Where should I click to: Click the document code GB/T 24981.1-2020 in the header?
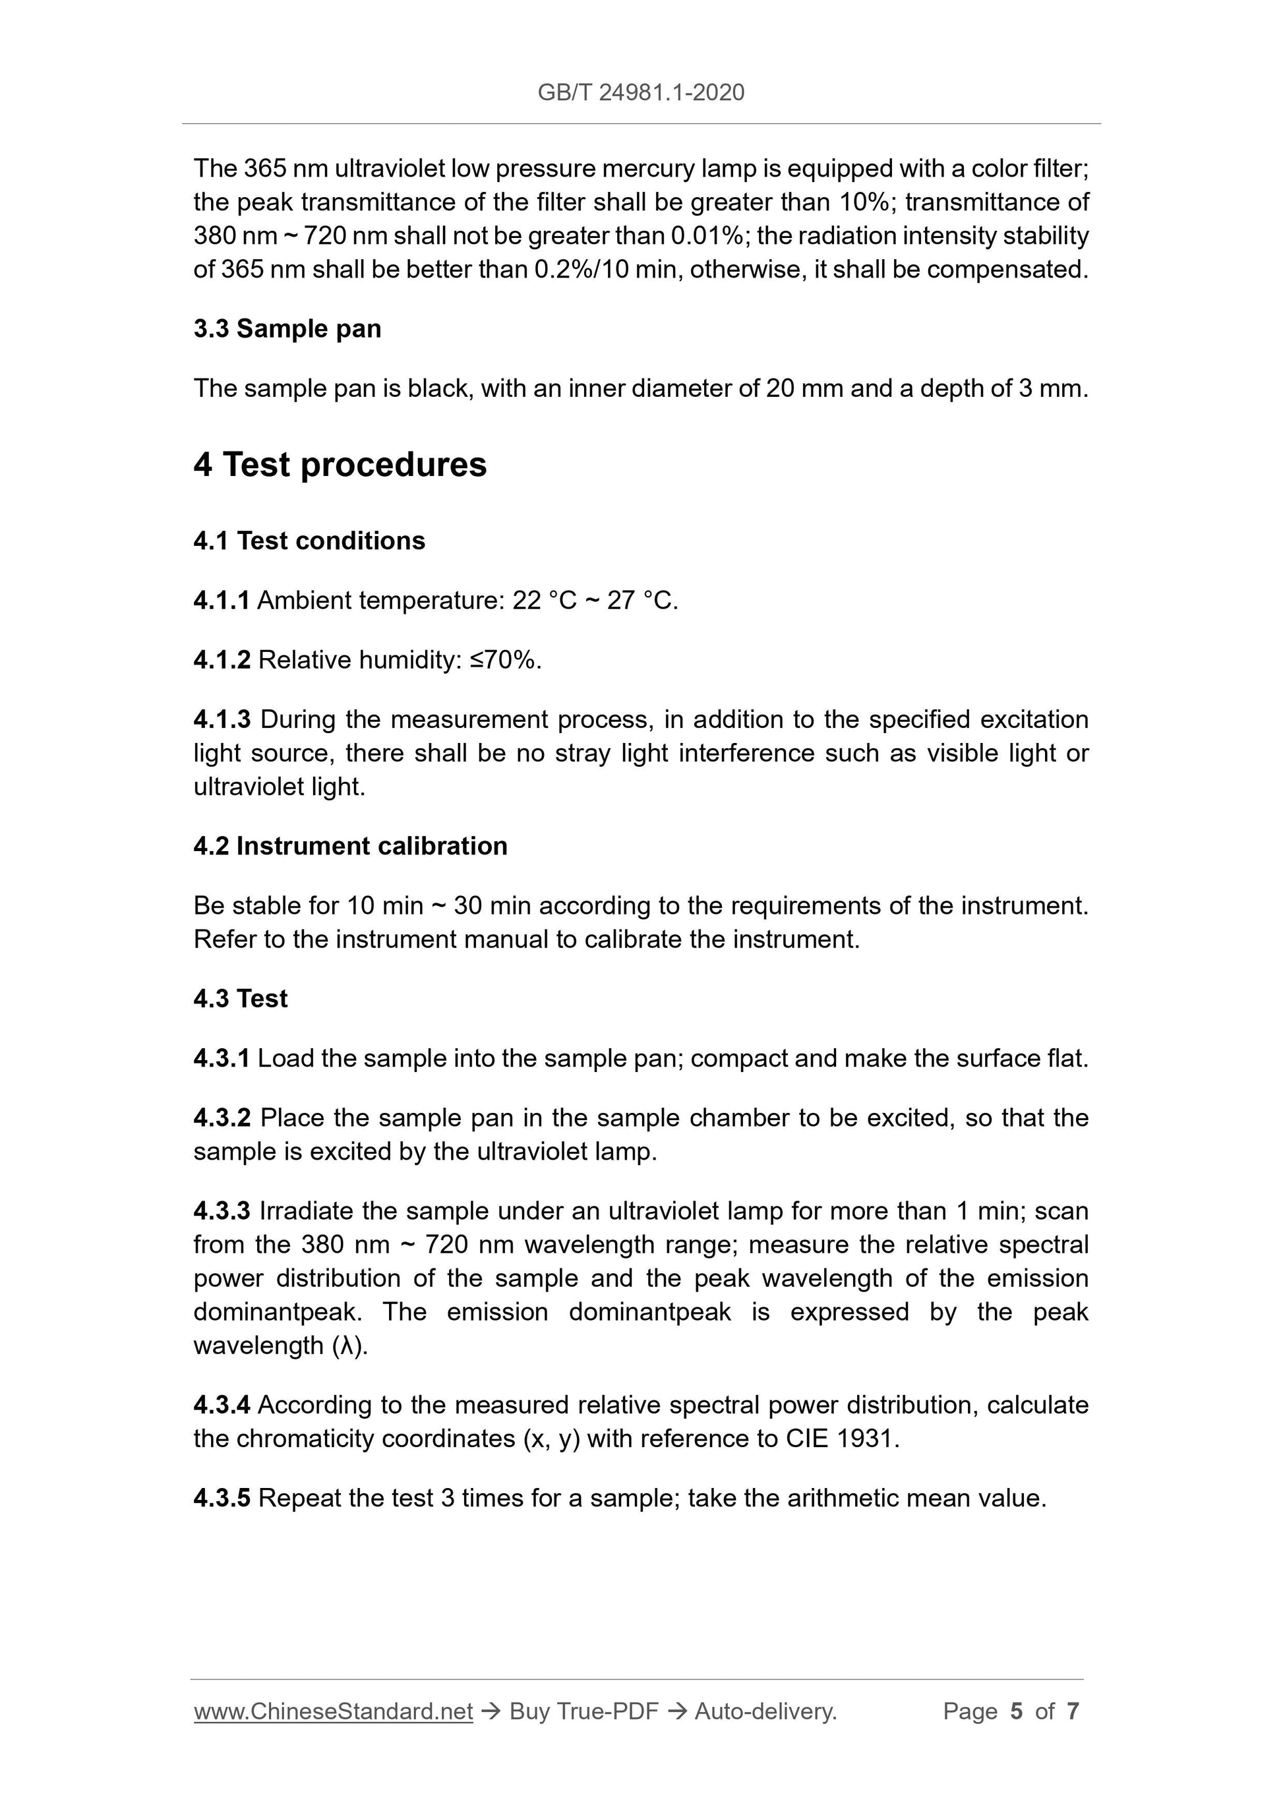640,92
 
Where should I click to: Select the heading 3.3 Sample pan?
287,328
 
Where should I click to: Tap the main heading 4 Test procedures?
340,464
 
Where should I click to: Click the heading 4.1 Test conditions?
309,541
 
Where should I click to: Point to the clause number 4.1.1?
222,601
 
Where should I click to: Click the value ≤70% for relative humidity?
504,660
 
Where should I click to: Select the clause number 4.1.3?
222,719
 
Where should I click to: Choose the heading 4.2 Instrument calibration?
350,846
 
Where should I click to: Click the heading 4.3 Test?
241,998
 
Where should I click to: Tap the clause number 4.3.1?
222,1059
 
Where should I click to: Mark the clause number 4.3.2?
222,1117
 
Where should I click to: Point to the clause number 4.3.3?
222,1211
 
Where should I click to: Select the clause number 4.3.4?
222,1405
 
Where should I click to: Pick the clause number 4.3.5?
222,1498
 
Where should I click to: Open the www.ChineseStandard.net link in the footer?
333,1711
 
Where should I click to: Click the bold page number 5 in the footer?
1016,1711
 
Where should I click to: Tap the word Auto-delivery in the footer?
765,1711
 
